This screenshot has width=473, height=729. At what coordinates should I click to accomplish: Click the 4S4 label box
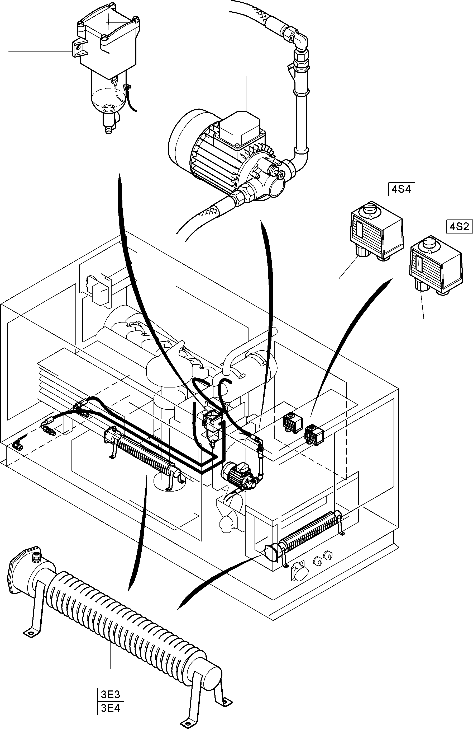coord(402,189)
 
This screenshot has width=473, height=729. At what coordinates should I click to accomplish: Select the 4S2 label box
coord(459,227)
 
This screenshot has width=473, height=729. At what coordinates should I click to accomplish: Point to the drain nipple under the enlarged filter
coord(108,129)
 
